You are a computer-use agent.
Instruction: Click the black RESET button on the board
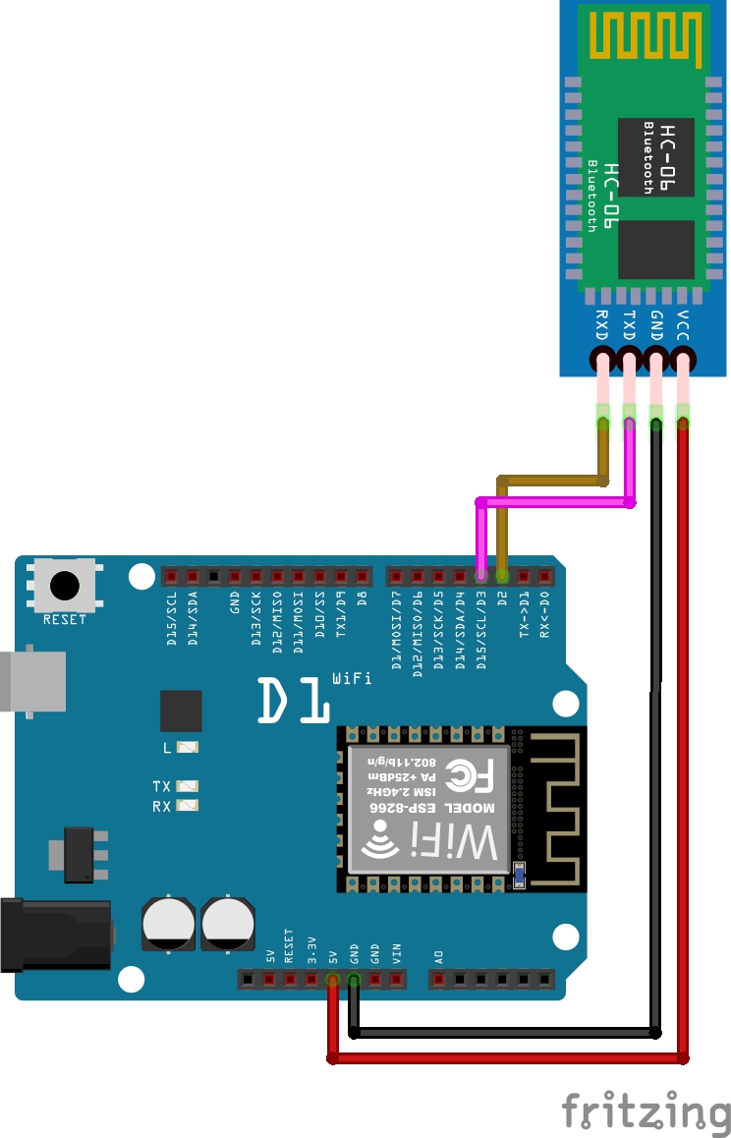65,586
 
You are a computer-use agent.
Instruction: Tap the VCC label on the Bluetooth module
684,324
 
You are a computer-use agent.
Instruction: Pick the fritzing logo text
646,1111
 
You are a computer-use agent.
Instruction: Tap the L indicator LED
187,748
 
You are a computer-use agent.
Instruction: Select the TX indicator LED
187,786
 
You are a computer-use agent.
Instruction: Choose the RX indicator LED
187,806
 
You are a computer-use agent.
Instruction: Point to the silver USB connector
29,678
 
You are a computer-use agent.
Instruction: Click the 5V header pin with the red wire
333,979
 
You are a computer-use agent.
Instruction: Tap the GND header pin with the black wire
354,979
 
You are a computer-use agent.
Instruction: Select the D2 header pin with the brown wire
502,575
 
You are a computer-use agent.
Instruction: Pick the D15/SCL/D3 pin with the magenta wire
480,575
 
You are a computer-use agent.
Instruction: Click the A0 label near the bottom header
438,955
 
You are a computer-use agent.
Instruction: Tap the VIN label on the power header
397,953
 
